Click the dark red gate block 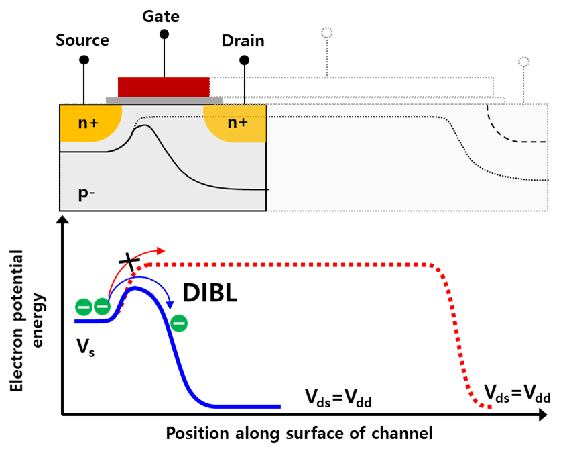click(163, 87)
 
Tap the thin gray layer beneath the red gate click(164, 101)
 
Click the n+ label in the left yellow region click(88, 123)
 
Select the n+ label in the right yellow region click(237, 122)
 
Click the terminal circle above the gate click(326, 33)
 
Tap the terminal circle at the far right click(523, 62)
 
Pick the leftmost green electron click(84, 307)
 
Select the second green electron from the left click(102, 307)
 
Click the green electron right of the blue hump click(179, 323)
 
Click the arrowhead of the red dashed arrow click(161, 250)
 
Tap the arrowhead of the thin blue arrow click(170, 305)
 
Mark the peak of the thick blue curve click(136, 289)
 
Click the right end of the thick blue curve click(279, 406)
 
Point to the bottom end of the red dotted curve click(490, 406)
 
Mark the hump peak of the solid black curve click(144, 125)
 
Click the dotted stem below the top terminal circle click(326, 57)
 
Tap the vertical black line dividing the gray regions click(267, 154)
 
